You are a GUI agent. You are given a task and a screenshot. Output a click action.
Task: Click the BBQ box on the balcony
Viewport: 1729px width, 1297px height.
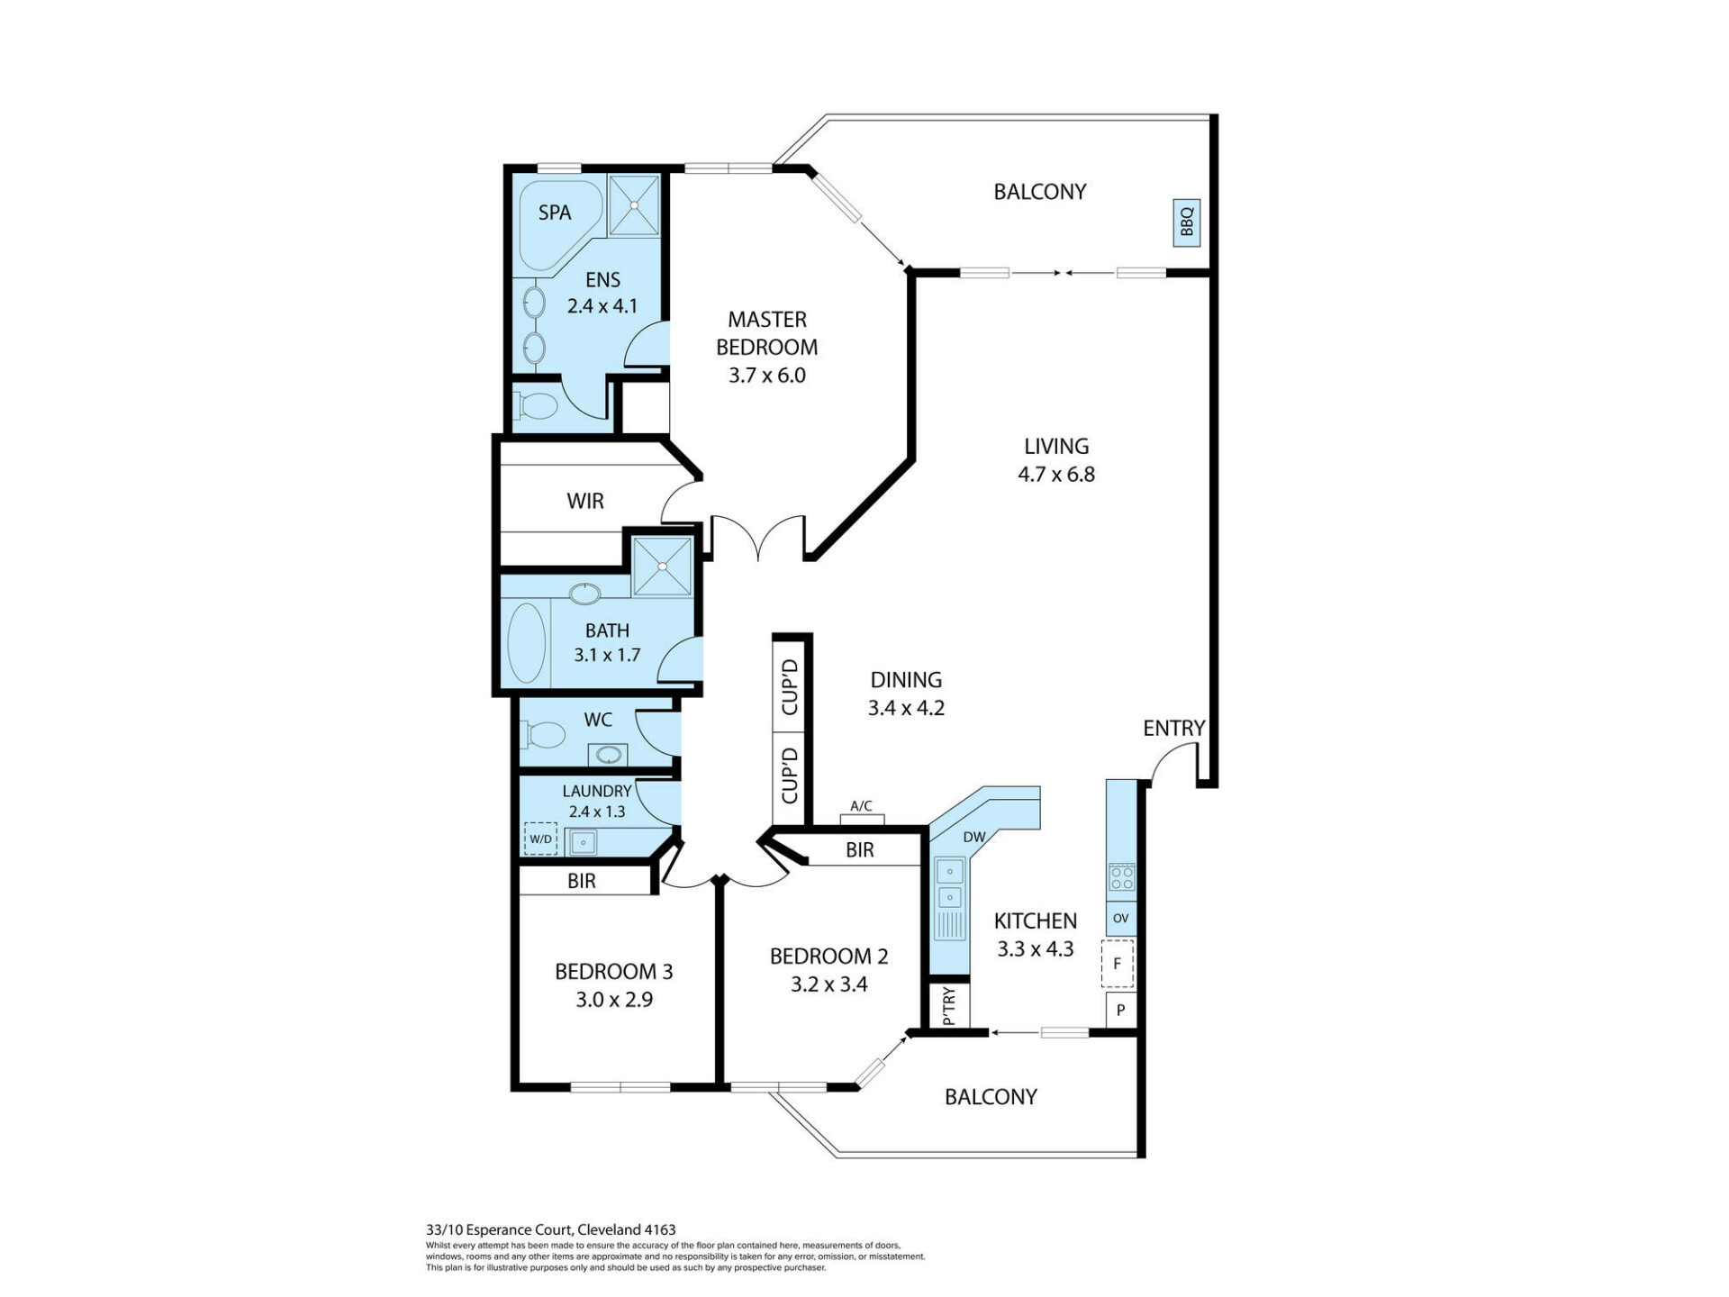click(x=1187, y=221)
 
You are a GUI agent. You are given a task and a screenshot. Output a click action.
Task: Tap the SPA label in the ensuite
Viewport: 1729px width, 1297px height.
click(x=555, y=213)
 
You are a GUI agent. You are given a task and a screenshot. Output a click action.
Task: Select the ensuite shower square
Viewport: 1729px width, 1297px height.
click(x=634, y=205)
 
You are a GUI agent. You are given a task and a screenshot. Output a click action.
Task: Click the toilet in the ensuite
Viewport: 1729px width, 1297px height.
click(x=538, y=406)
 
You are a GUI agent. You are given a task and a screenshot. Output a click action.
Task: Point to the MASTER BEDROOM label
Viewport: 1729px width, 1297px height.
click(x=767, y=333)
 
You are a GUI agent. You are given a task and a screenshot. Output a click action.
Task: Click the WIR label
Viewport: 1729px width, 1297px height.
click(x=585, y=501)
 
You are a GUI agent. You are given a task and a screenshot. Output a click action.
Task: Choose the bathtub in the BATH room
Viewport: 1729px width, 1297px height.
click(x=527, y=644)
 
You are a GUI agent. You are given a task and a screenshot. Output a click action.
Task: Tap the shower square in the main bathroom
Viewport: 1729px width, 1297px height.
click(x=663, y=567)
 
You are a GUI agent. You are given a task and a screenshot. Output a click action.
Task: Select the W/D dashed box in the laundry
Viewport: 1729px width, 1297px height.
click(x=540, y=839)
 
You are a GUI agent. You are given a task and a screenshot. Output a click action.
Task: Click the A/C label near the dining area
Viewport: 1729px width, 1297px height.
click(x=862, y=806)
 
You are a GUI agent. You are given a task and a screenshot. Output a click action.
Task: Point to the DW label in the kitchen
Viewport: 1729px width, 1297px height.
click(x=974, y=837)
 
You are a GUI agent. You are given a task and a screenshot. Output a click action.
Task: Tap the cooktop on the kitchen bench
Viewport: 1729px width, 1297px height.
click(x=1121, y=876)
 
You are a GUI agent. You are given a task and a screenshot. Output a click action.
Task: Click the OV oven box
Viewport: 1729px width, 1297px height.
click(x=1121, y=919)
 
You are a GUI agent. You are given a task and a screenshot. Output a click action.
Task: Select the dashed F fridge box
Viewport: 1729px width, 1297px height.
click(x=1118, y=964)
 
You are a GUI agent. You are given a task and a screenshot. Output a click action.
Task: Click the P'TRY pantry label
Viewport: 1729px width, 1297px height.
click(x=948, y=1006)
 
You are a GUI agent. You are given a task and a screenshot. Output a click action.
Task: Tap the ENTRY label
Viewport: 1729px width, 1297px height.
click(x=1174, y=728)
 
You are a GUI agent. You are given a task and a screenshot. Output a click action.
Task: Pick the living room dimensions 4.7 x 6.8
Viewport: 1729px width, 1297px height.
click(x=1056, y=475)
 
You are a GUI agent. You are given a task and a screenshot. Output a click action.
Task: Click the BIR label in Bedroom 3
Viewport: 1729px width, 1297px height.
click(x=582, y=881)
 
